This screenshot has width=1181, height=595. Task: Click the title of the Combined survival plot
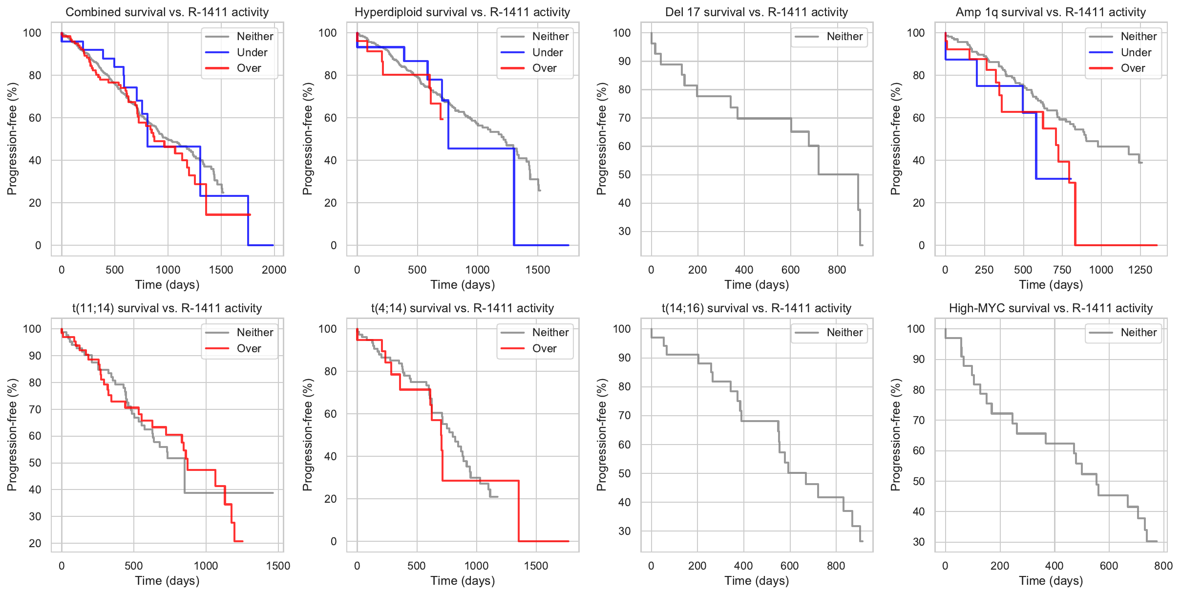tap(167, 12)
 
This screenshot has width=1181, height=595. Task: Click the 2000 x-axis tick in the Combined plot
tap(274, 270)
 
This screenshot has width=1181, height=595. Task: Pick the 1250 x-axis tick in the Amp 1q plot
tap(1140, 270)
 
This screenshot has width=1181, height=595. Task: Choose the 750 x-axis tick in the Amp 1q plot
tap(1062, 270)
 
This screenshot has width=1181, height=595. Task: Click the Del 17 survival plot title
tap(756, 12)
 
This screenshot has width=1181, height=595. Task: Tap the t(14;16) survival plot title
tap(756, 308)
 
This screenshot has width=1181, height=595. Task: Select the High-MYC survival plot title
tap(1051, 308)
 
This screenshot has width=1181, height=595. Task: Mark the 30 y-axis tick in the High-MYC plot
tap(919, 542)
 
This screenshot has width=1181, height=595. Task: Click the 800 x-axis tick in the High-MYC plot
tap(1163, 566)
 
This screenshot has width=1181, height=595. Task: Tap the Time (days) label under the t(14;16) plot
tap(756, 580)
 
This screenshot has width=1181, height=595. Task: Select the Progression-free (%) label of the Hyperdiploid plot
tap(307, 139)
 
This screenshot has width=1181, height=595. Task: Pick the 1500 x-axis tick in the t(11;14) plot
tap(278, 566)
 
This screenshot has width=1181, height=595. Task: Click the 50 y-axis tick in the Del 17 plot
tap(624, 174)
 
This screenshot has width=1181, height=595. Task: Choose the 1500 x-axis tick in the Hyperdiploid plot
tap(537, 270)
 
